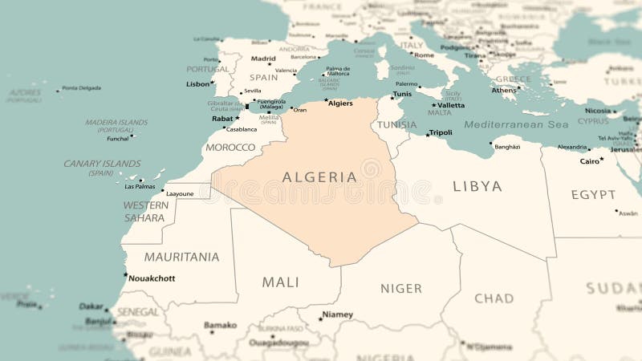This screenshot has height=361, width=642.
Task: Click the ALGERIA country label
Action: (x=319, y=177)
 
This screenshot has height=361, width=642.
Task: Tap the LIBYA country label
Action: (x=477, y=186)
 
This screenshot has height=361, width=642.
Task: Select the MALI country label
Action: (x=280, y=282)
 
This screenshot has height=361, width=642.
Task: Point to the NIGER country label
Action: (x=400, y=288)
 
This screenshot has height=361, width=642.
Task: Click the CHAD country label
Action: (x=494, y=298)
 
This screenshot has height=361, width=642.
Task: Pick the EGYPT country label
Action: (x=593, y=194)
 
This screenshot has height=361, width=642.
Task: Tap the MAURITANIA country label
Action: (x=181, y=257)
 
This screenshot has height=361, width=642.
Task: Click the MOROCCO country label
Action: (x=230, y=148)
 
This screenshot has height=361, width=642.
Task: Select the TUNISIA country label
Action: (x=397, y=125)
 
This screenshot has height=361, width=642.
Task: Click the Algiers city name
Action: (x=340, y=103)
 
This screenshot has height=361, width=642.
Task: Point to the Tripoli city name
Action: (x=441, y=133)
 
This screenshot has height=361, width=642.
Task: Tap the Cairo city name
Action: (x=589, y=161)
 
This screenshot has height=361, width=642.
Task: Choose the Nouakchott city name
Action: (x=152, y=278)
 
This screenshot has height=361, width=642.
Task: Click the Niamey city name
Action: (x=337, y=314)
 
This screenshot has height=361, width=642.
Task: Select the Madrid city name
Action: (x=263, y=59)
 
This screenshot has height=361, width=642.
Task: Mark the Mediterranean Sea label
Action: (x=516, y=124)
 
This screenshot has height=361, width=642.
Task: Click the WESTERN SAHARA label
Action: (x=145, y=211)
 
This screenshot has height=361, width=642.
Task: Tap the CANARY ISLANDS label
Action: (x=102, y=164)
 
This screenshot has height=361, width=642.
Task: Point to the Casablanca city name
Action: (x=242, y=129)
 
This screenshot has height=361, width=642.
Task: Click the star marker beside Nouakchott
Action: (x=125, y=275)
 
